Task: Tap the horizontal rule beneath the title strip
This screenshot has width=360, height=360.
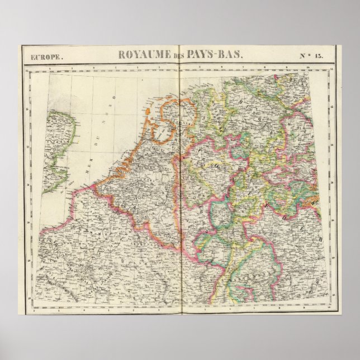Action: coord(180,63)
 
